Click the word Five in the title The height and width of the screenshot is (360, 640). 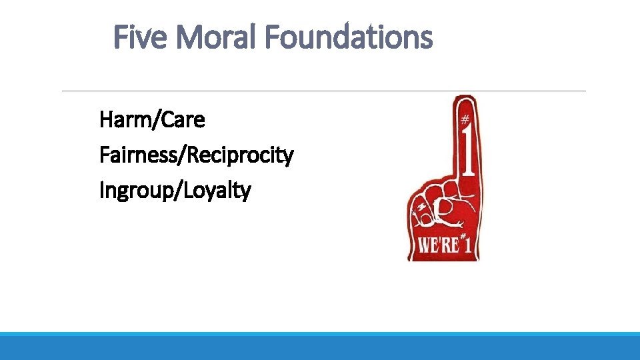(140, 37)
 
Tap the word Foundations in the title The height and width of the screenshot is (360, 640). (349, 37)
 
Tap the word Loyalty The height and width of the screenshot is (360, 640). (219, 191)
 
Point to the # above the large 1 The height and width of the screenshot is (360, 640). (465, 119)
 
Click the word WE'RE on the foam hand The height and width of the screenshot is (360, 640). (439, 245)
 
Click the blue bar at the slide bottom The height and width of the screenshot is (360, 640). (320, 346)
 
